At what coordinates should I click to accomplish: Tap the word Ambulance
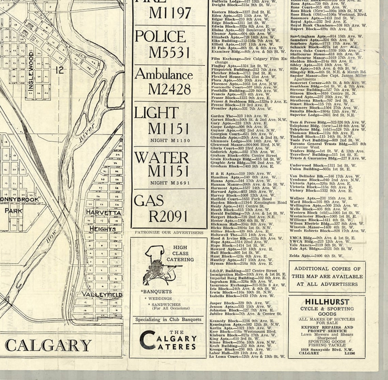(x=164, y=74)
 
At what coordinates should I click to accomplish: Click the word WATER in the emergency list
(x=161, y=158)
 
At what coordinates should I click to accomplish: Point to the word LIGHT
(x=156, y=113)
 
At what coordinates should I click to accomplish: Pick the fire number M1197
(x=170, y=13)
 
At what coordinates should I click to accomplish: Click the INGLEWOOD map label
(x=31, y=71)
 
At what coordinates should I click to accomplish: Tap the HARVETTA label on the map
(x=103, y=212)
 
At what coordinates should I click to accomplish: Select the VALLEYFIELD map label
(x=101, y=294)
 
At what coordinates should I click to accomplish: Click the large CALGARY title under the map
(x=48, y=345)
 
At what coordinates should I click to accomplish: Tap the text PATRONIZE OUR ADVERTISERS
(x=169, y=233)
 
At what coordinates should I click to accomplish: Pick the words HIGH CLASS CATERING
(x=183, y=253)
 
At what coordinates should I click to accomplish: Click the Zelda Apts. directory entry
(x=316, y=255)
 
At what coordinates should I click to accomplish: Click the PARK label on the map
(x=13, y=211)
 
